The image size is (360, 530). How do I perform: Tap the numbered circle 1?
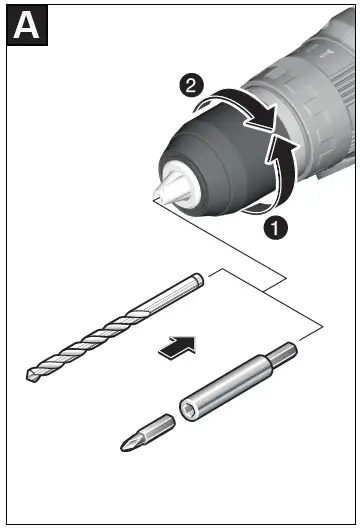pyautogui.click(x=277, y=227)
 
